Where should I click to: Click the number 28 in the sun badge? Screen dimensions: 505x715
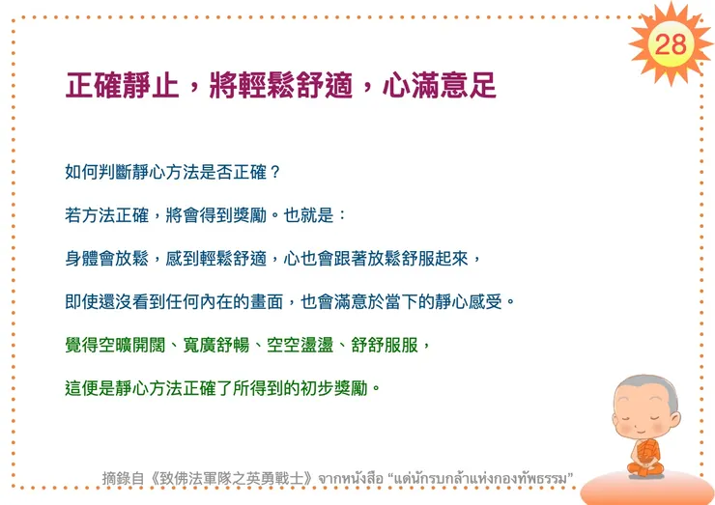pos(671,43)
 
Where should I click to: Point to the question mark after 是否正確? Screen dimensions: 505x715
pos(275,173)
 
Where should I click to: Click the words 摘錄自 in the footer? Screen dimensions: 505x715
pos(124,478)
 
